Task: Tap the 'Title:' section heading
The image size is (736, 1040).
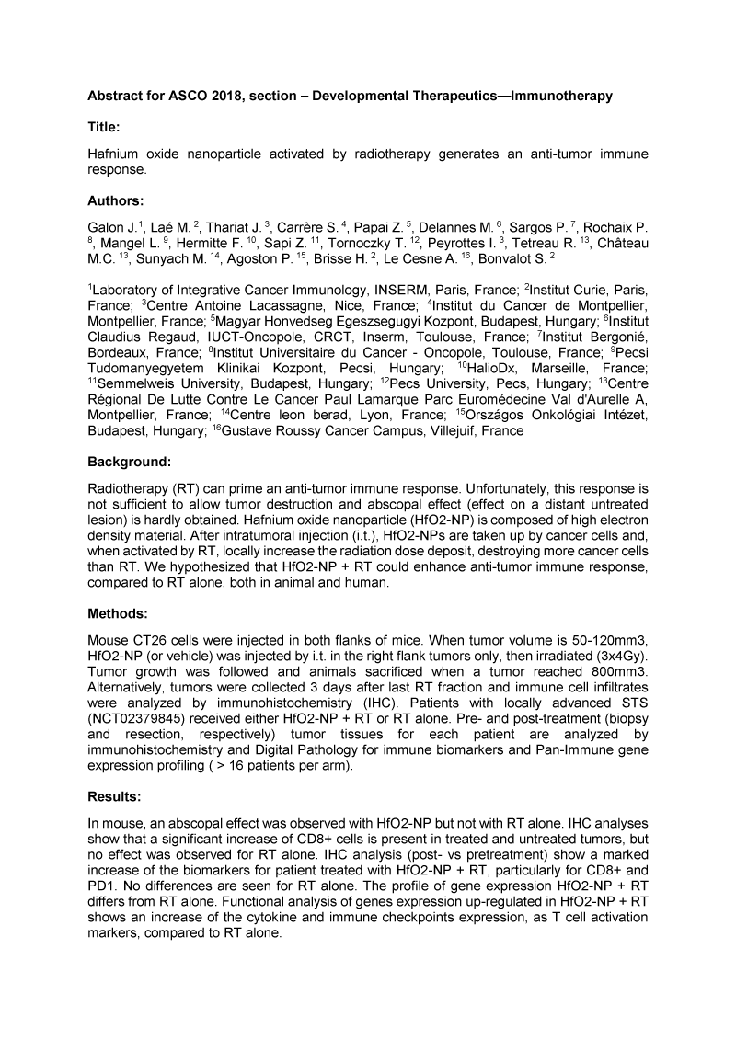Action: point(103,130)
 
